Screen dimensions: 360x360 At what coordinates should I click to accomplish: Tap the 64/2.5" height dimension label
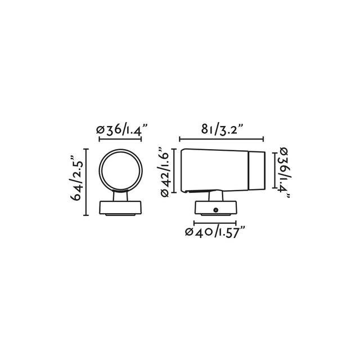[76, 182]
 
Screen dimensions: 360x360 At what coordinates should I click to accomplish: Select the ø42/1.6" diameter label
[166, 169]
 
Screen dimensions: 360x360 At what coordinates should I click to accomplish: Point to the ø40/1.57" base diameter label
[216, 232]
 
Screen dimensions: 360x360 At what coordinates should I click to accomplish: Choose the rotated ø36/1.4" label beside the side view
[284, 173]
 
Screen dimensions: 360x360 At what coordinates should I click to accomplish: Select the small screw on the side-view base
[215, 210]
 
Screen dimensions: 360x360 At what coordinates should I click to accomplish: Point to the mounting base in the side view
[215, 209]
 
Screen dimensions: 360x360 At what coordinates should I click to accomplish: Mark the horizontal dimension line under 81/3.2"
[221, 139]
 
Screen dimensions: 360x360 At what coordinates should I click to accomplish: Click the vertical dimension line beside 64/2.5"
[86, 182]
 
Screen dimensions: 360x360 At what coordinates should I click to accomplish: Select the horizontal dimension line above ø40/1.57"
[215, 222]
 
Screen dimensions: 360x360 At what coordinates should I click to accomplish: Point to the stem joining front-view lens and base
[120, 195]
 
